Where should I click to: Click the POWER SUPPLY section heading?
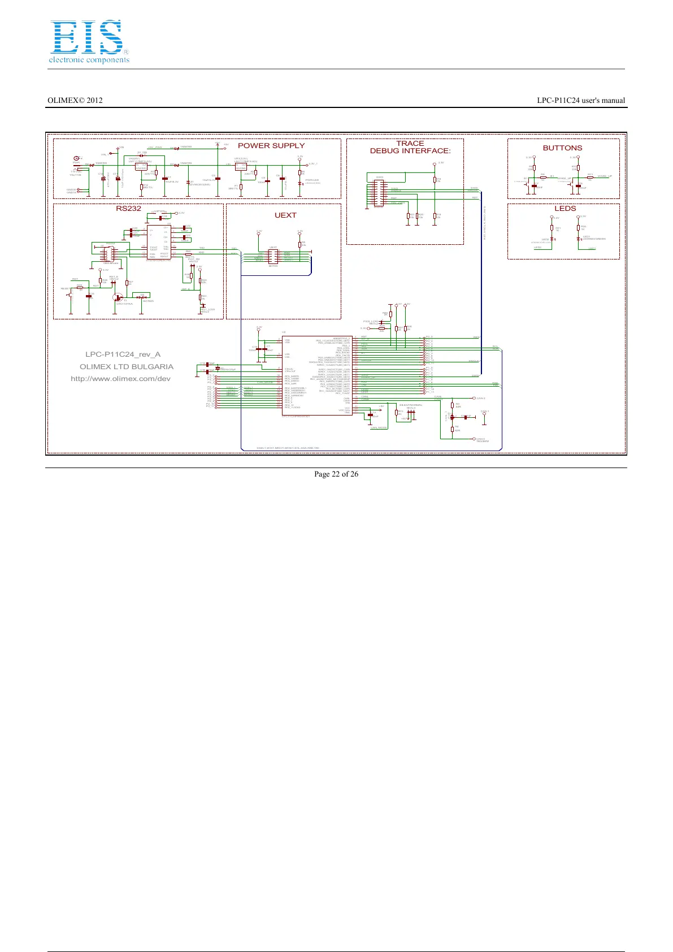coord(271,145)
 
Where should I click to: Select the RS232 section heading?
coord(128,208)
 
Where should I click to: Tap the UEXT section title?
coord(285,215)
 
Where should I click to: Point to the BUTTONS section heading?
coord(562,148)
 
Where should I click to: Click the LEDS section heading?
coord(565,208)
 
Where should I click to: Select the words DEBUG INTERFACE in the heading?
coord(410,151)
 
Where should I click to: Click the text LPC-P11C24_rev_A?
coord(123,354)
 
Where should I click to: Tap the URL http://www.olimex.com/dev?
coord(120,379)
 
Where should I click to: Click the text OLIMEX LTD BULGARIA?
coord(127,367)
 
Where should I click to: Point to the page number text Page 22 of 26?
coord(336,474)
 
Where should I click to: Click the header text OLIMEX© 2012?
coord(75,101)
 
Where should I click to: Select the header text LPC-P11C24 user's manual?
coord(581,101)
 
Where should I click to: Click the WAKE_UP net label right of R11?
coord(605,176)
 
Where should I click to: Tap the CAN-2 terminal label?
coord(481,399)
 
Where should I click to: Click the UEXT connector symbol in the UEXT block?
coord(273,256)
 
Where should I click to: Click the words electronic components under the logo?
coord(89,60)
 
